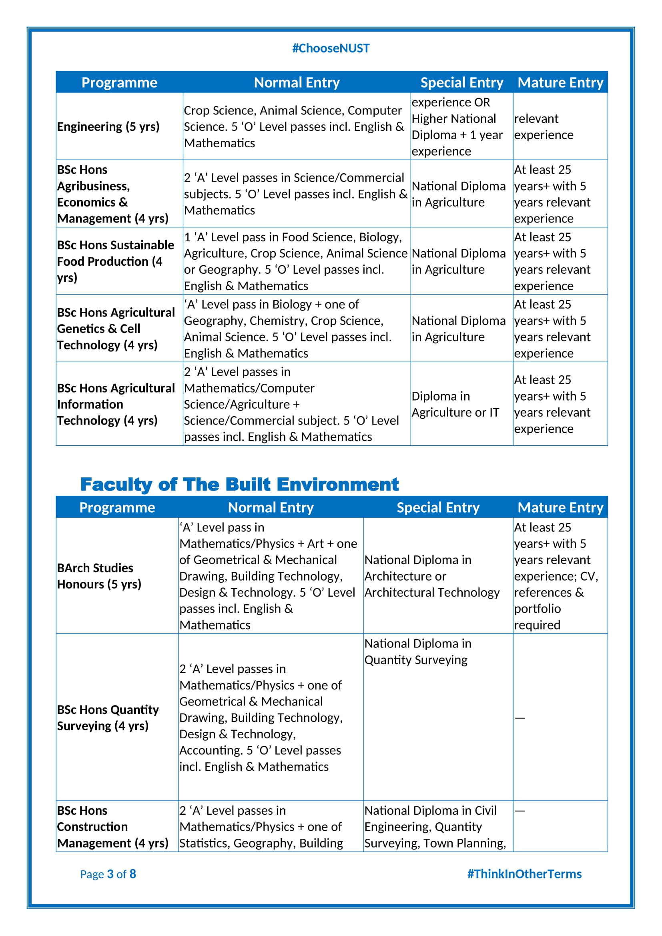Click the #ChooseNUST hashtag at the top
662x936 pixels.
coord(331,48)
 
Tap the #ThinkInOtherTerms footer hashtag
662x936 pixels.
coord(524,874)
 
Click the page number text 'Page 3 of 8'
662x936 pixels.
coord(108,874)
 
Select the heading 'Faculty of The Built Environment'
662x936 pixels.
coord(239,484)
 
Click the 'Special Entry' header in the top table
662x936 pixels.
coord(461,82)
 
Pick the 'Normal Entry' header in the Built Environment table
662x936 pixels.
coord(271,507)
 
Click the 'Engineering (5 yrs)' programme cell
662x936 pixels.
coord(108,126)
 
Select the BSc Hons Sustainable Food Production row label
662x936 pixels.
coord(115,261)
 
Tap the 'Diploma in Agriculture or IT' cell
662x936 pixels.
coord(455,404)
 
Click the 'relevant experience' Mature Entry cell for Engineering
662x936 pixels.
coord(544,126)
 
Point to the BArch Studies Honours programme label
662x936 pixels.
coord(99,575)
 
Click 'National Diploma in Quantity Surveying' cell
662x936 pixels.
coord(417,651)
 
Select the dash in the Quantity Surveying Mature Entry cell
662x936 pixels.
coord(520,718)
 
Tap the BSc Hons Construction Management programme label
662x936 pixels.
coord(112,826)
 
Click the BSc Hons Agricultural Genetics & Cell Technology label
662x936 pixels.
coord(115,328)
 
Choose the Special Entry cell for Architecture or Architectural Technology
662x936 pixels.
coord(431,575)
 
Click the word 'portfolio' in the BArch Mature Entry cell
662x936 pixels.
coord(537,608)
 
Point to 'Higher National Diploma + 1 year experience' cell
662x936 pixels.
coord(457,126)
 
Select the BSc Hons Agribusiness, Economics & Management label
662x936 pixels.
coord(112,194)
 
